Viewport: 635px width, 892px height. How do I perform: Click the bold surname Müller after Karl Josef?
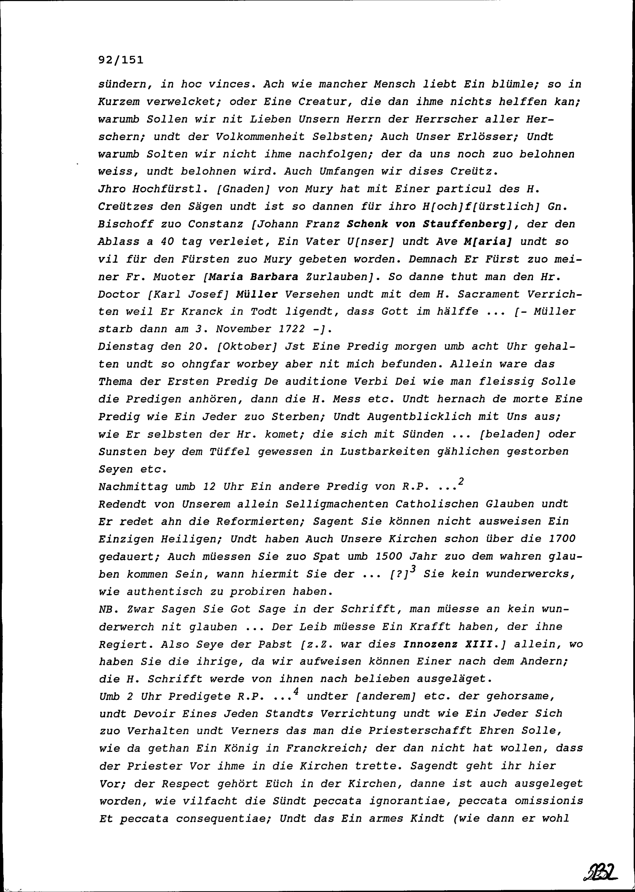pos(257,294)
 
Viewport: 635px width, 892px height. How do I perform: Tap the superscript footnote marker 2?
pos(461,482)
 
